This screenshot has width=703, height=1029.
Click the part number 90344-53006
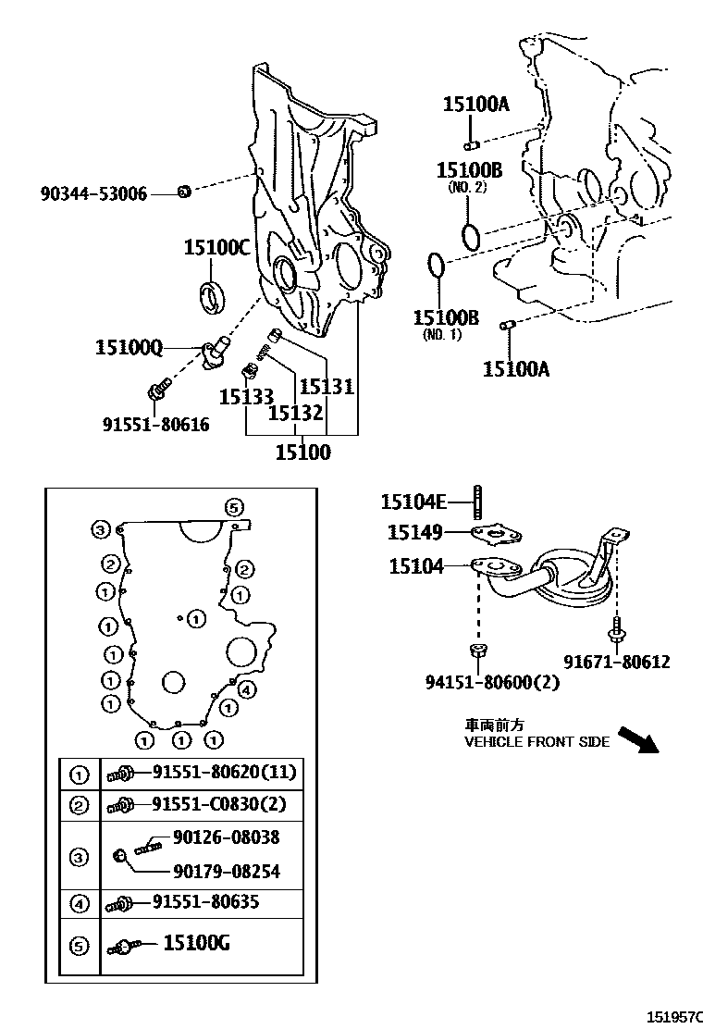tap(93, 194)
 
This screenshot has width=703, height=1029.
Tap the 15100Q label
tap(129, 348)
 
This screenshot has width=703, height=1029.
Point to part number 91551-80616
tap(155, 425)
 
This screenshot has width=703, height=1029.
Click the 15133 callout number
tap(246, 397)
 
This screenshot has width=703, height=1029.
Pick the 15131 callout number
tap(327, 386)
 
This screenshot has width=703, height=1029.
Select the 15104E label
tap(413, 502)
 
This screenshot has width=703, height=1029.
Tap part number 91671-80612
tap(617, 662)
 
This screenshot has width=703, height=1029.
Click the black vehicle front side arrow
tap(637, 740)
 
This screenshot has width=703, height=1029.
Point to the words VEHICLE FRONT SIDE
tap(536, 742)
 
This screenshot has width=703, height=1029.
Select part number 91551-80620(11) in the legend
tap(226, 773)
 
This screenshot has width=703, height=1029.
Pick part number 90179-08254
tap(227, 872)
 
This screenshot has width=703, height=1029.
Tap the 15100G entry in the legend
tap(196, 944)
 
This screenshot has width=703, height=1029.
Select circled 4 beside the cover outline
tap(247, 688)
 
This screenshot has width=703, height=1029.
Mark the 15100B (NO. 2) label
tap(469, 170)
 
